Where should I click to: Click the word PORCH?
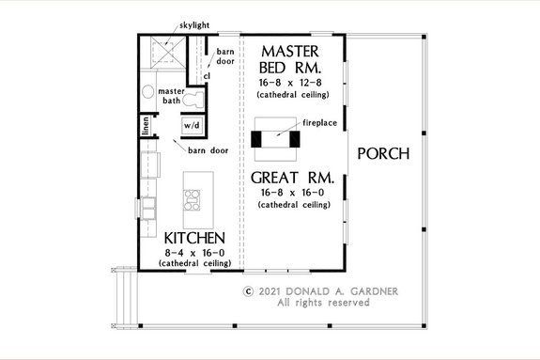coord(384,154)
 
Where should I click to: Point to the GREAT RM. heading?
coord(293,177)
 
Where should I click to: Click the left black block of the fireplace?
coord(255,139)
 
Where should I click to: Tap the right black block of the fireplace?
coord(294,139)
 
